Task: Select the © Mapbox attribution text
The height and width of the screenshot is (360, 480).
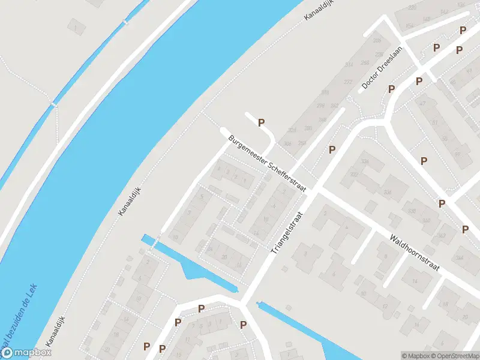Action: click(x=416, y=356)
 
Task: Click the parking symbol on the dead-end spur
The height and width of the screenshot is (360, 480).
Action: click(x=261, y=123)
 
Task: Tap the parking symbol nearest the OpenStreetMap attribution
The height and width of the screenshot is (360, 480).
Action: click(x=466, y=229)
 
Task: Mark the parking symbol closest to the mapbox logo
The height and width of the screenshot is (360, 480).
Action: click(x=146, y=346)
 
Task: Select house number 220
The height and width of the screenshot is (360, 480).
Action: click(x=412, y=7)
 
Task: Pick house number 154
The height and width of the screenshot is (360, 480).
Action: click(x=410, y=26)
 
